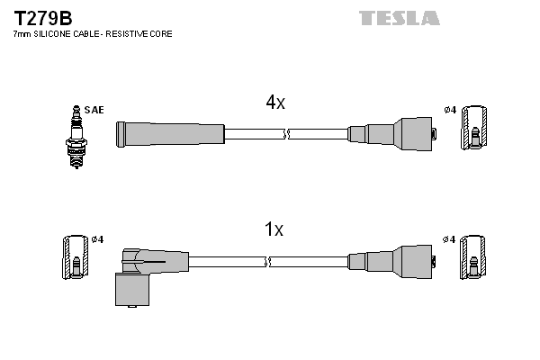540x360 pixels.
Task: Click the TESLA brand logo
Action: (400, 18)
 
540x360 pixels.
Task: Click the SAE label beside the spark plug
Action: (96, 110)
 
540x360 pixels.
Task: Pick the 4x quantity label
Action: (274, 103)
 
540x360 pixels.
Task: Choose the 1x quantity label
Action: (274, 230)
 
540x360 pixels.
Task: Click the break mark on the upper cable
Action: (286, 134)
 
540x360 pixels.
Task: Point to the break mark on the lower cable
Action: (269, 262)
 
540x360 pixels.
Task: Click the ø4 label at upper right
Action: (450, 110)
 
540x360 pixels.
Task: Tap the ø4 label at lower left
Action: (97, 238)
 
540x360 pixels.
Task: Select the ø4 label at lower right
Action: (450, 238)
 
